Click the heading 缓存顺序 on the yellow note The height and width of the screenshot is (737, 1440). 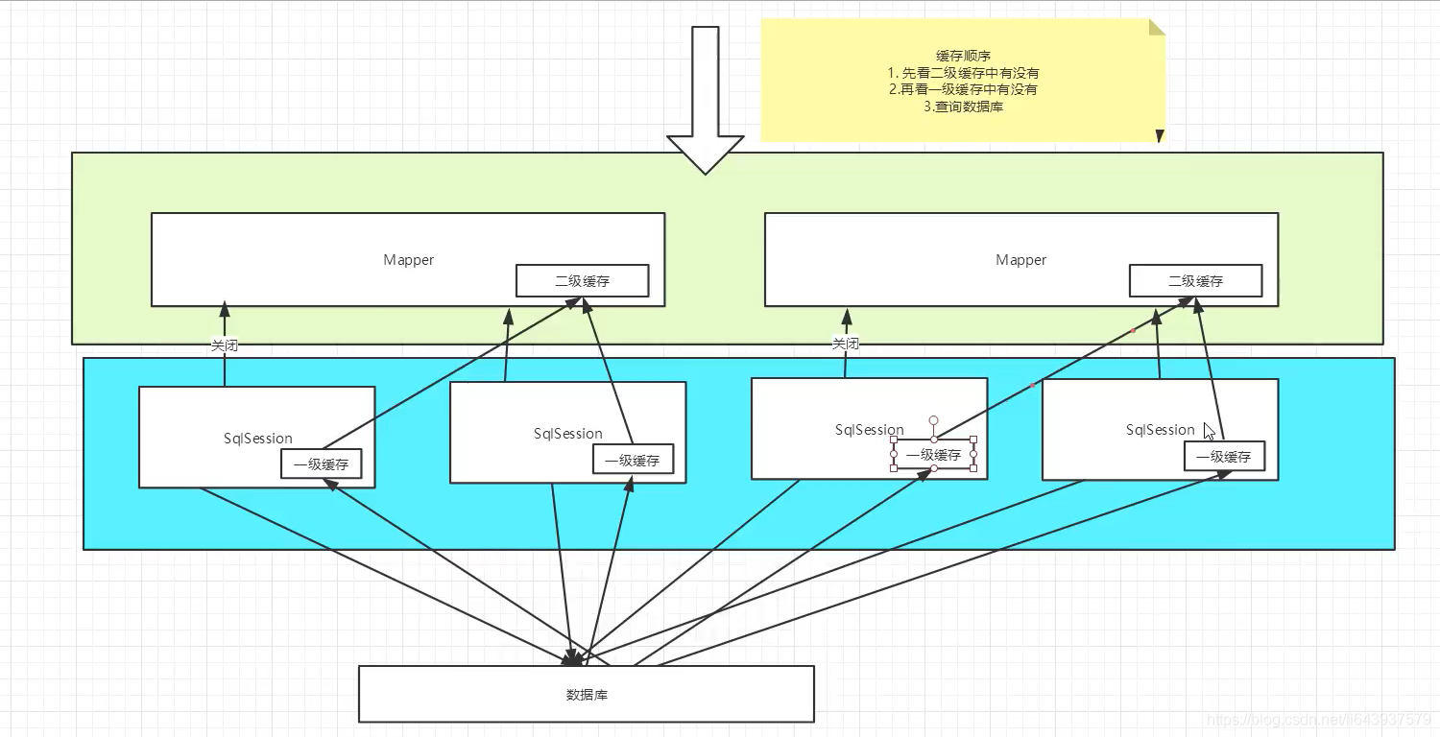pyautogui.click(x=963, y=56)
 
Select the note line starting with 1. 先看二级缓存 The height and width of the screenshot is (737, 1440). pyautogui.click(x=963, y=73)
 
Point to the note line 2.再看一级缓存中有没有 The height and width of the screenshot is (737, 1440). pyautogui.click(x=963, y=89)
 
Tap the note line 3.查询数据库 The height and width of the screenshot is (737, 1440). pyautogui.click(x=963, y=107)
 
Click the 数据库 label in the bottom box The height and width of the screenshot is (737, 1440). pyautogui.click(x=587, y=694)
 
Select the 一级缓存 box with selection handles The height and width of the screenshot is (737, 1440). pyautogui.click(x=933, y=455)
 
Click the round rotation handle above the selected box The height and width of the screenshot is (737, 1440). pyautogui.click(x=933, y=420)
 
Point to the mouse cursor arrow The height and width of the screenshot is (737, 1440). pyautogui.click(x=1209, y=431)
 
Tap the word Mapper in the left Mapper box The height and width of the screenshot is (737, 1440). pyautogui.click(x=409, y=260)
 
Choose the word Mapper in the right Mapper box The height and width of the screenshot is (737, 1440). pyautogui.click(x=1021, y=260)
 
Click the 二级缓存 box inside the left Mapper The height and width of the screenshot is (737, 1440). pyautogui.click(x=582, y=281)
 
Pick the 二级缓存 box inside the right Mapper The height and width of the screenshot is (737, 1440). pyautogui.click(x=1195, y=281)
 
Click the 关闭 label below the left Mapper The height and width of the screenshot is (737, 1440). pyautogui.click(x=224, y=345)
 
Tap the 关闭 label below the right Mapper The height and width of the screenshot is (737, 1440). pyautogui.click(x=845, y=344)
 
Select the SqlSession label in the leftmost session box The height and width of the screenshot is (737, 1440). pyautogui.click(x=257, y=439)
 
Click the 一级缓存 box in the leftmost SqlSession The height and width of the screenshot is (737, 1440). pyautogui.click(x=321, y=464)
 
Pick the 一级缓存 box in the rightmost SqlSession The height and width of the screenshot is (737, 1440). pyautogui.click(x=1224, y=457)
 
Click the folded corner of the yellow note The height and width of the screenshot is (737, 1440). pyautogui.click(x=1156, y=28)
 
